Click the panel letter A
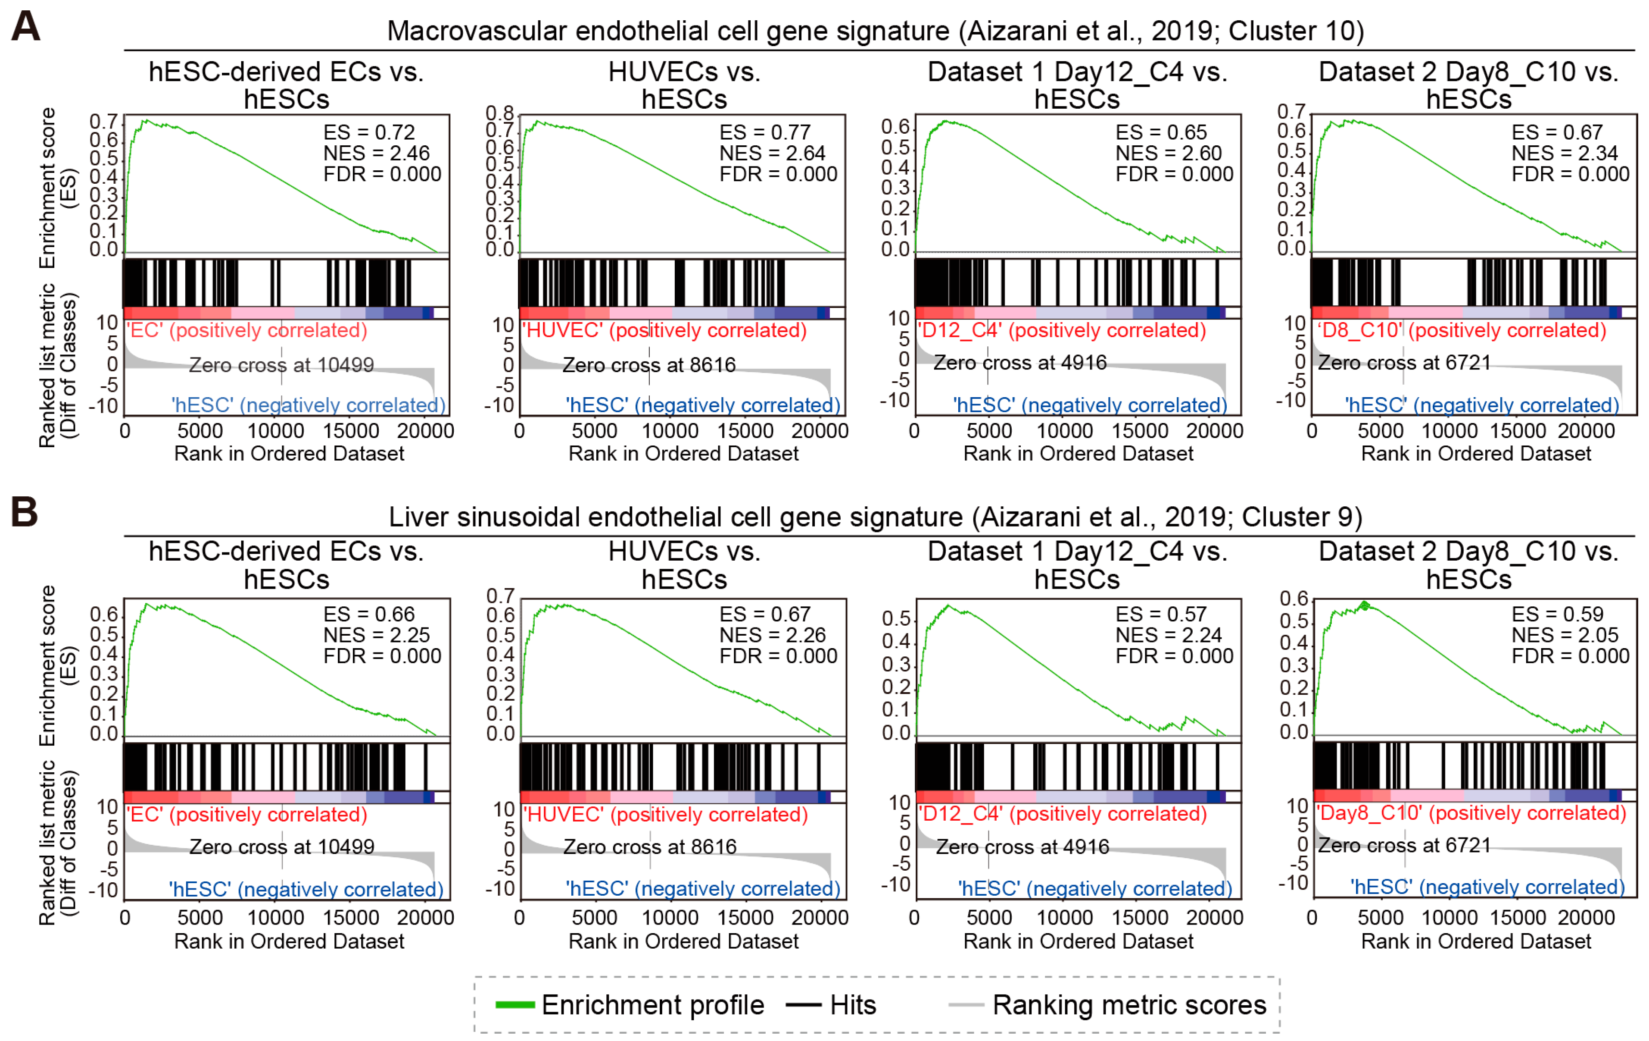pos(25,28)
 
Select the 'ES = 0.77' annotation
pos(764,132)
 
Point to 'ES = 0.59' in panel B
pos(1556,614)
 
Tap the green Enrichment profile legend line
pos(514,1005)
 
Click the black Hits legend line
pos(803,1005)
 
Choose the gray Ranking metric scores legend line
pos(966,1005)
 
